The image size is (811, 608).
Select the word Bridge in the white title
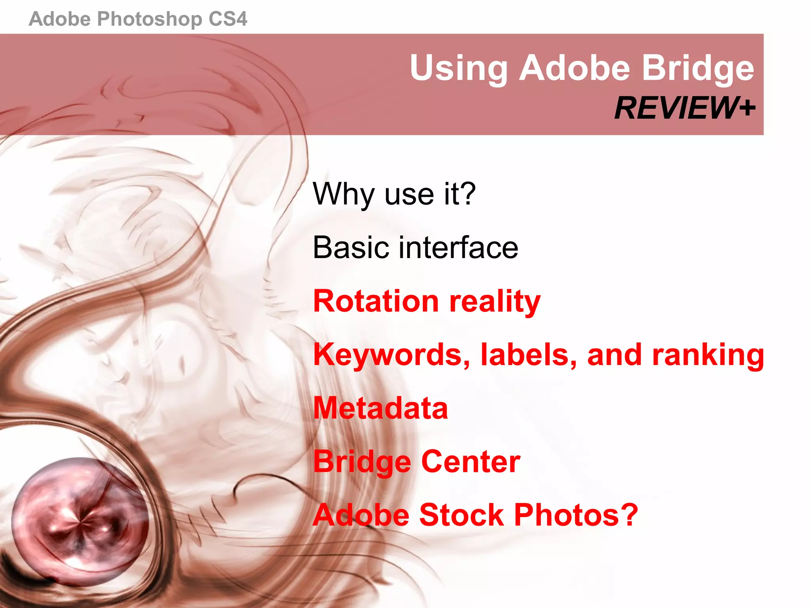pyautogui.click(x=698, y=68)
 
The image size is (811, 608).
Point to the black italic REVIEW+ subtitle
pyautogui.click(x=685, y=108)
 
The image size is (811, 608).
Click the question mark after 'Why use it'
pyautogui.click(x=468, y=194)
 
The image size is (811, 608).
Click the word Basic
pyautogui.click(x=351, y=247)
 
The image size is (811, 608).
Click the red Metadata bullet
pyautogui.click(x=381, y=408)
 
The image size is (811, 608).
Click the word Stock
pyautogui.click(x=462, y=515)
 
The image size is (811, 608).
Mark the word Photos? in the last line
pyautogui.click(x=576, y=515)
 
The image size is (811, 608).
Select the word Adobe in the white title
pyautogui.click(x=574, y=68)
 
